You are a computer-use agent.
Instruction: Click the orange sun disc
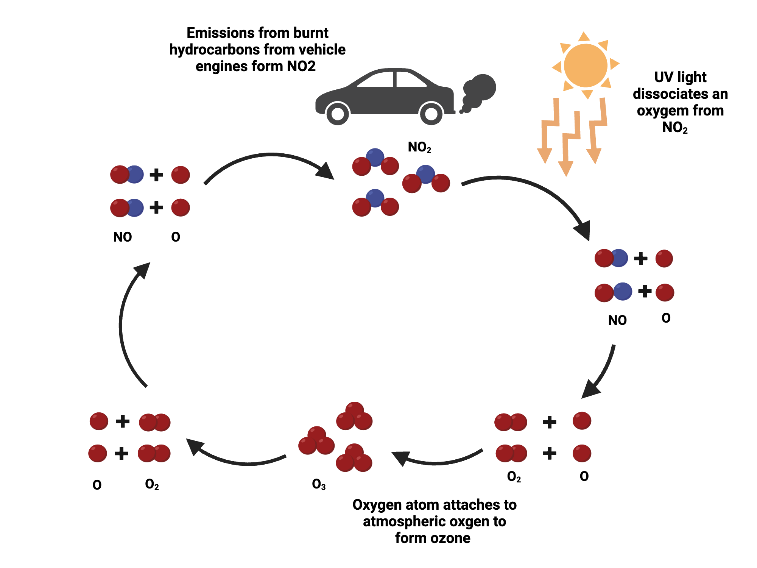(585, 66)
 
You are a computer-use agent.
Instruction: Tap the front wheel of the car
(337, 113)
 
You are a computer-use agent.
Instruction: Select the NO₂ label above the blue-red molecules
(419, 147)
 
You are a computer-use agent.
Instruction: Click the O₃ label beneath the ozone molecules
(319, 484)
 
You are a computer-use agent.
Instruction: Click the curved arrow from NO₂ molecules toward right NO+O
(530, 186)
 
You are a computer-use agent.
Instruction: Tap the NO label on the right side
(617, 320)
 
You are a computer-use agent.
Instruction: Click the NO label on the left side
(122, 237)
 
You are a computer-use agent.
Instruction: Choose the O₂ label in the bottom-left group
(152, 484)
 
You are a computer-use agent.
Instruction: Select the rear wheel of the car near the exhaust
(431, 113)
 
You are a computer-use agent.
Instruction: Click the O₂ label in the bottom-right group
(514, 476)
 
